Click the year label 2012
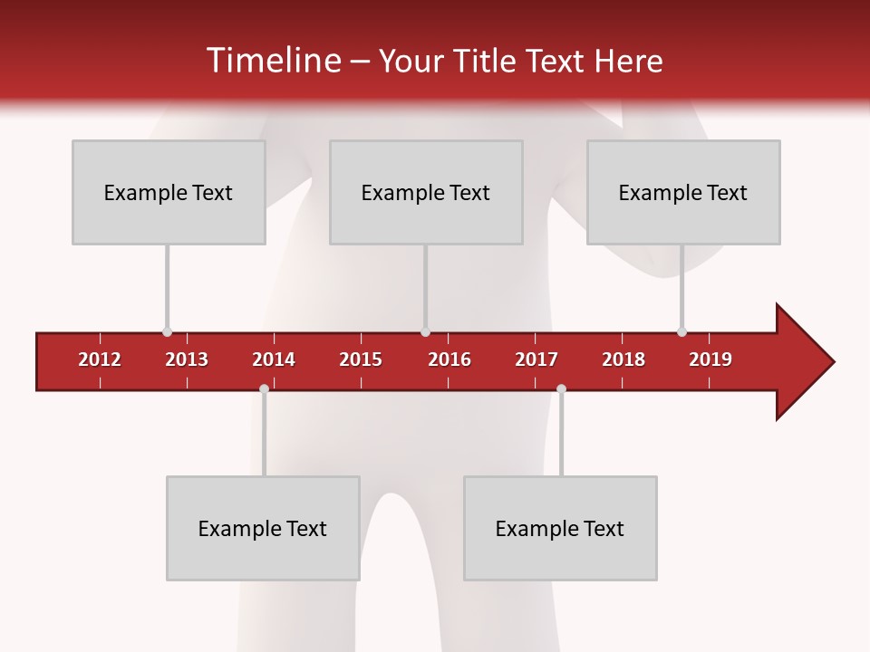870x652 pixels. click(x=100, y=360)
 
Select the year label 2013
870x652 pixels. click(x=187, y=360)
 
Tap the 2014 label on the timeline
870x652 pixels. click(x=274, y=360)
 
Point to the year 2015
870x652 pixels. click(x=361, y=360)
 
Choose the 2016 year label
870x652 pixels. click(x=449, y=360)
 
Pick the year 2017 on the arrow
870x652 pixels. click(x=536, y=360)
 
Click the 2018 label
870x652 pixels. click(x=623, y=360)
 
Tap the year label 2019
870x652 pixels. click(x=710, y=360)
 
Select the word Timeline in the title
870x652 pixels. click(x=272, y=61)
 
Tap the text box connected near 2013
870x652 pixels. click(x=169, y=192)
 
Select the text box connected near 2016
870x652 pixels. click(x=426, y=192)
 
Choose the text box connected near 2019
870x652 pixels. click(x=683, y=192)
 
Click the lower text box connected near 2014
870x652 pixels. click(x=263, y=528)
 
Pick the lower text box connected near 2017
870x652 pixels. click(x=560, y=528)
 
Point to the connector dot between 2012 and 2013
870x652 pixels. click(x=167, y=331)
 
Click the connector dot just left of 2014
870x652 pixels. click(x=264, y=389)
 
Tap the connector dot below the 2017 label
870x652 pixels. click(x=561, y=389)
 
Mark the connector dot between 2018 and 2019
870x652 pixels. click(x=681, y=331)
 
